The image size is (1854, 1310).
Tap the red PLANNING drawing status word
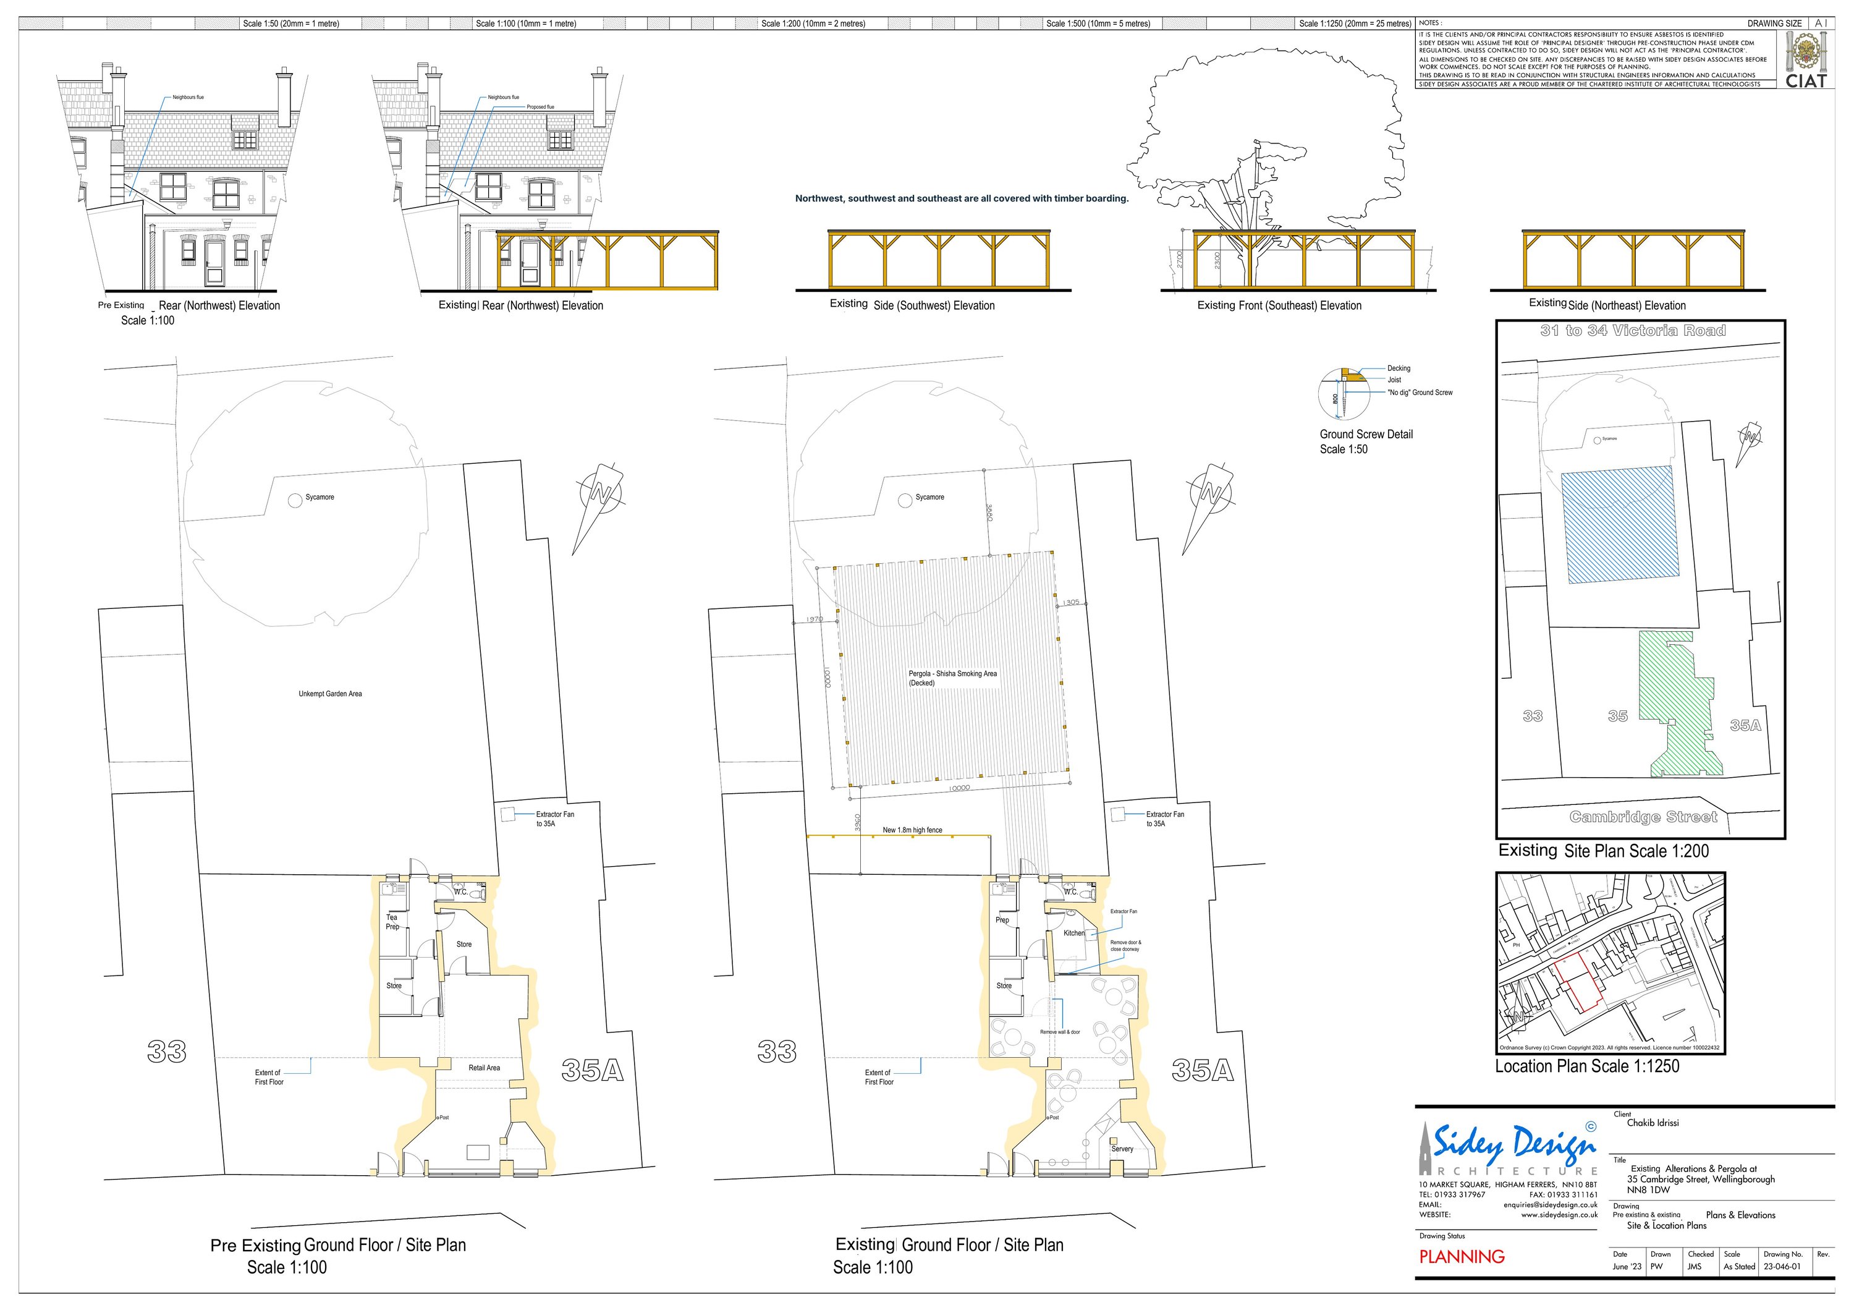(x=1462, y=1257)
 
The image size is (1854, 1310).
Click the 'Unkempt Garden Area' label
(x=330, y=694)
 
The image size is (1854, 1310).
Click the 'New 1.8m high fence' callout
(x=912, y=830)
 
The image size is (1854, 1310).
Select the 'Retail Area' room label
(x=484, y=1068)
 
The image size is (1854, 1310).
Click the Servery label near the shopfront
(x=1122, y=1149)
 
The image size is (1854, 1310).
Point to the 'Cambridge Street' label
(x=1643, y=817)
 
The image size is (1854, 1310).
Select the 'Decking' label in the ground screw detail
(x=1399, y=368)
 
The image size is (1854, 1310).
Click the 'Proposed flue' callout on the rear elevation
(x=540, y=106)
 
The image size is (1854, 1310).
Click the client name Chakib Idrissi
(x=1652, y=1123)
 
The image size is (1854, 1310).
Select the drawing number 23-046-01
(x=1782, y=1266)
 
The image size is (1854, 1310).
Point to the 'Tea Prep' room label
(x=392, y=922)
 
